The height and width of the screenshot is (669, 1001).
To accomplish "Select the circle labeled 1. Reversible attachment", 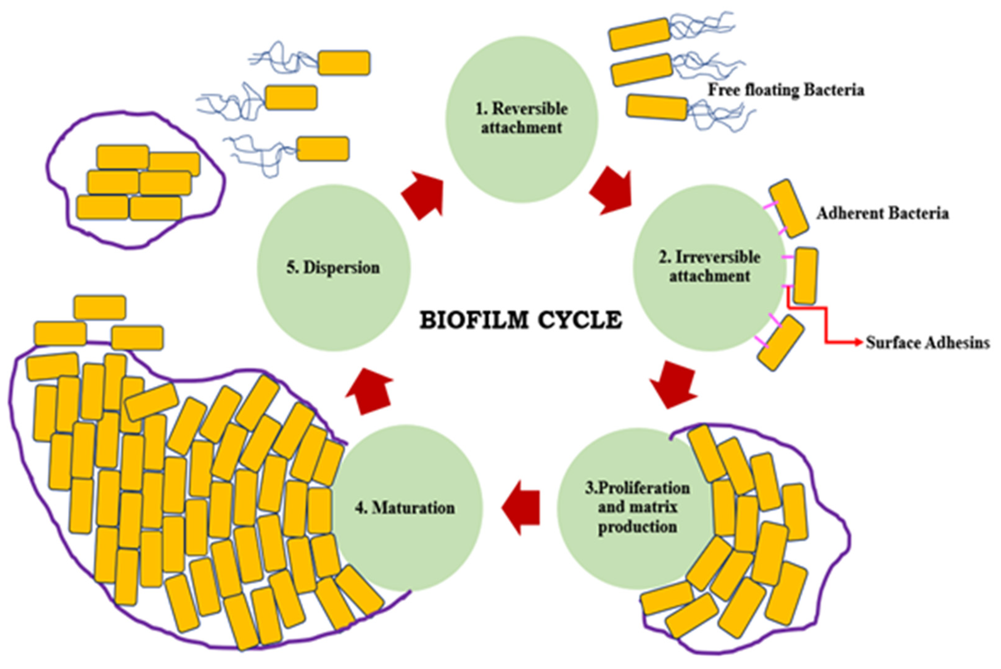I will click(x=522, y=120).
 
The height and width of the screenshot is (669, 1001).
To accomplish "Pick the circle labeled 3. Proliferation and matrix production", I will click(x=636, y=508).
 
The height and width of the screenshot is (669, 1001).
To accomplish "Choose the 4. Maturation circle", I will click(x=406, y=508).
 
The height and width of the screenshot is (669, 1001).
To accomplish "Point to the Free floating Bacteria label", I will click(x=786, y=90).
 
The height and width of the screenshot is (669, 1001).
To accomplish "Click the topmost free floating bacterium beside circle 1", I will click(x=639, y=34).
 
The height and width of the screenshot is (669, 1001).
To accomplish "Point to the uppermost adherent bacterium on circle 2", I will click(x=789, y=208).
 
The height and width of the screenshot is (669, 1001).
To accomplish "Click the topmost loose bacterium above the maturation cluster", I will click(x=100, y=307).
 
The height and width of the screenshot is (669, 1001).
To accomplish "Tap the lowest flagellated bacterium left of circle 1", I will click(x=323, y=149).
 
